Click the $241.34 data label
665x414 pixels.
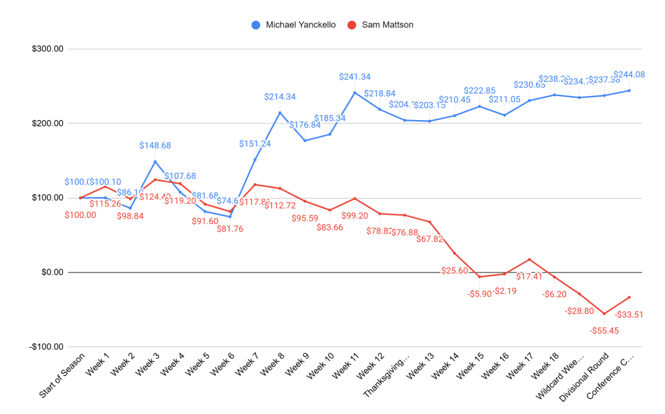pos(355,77)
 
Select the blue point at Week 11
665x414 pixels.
pos(355,92)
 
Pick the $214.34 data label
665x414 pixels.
pos(280,97)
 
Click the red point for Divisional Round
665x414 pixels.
pos(604,313)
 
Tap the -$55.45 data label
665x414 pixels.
pos(604,330)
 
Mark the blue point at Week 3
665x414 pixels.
pos(155,162)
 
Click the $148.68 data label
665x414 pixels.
pos(155,146)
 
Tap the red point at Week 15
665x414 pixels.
pos(479,276)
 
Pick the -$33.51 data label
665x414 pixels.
pos(629,315)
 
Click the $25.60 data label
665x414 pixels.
pos(455,270)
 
